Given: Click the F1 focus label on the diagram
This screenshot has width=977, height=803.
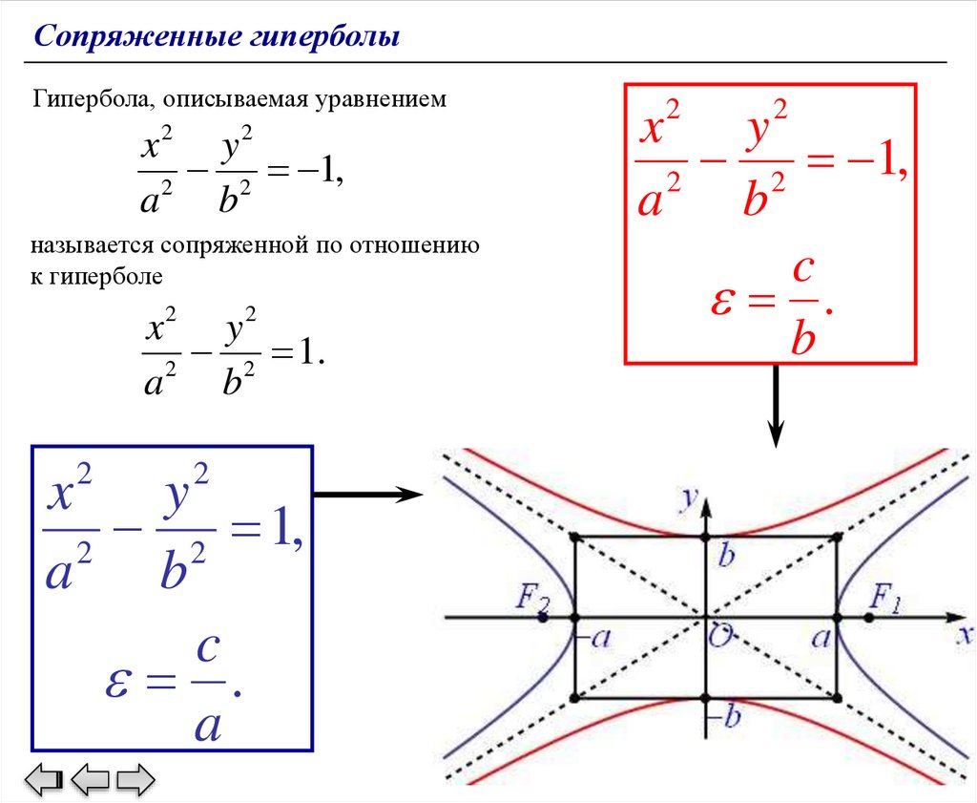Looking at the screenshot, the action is pos(885,599).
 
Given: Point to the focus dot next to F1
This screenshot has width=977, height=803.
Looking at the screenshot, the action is pos(868,618).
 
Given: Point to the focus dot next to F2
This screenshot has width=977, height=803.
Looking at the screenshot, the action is pos(542,618).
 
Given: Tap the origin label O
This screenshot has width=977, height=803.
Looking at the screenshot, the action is pos(717,638).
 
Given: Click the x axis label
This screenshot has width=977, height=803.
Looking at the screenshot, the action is pos(965,635).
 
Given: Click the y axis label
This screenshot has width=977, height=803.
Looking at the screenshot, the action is pos(685,497).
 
